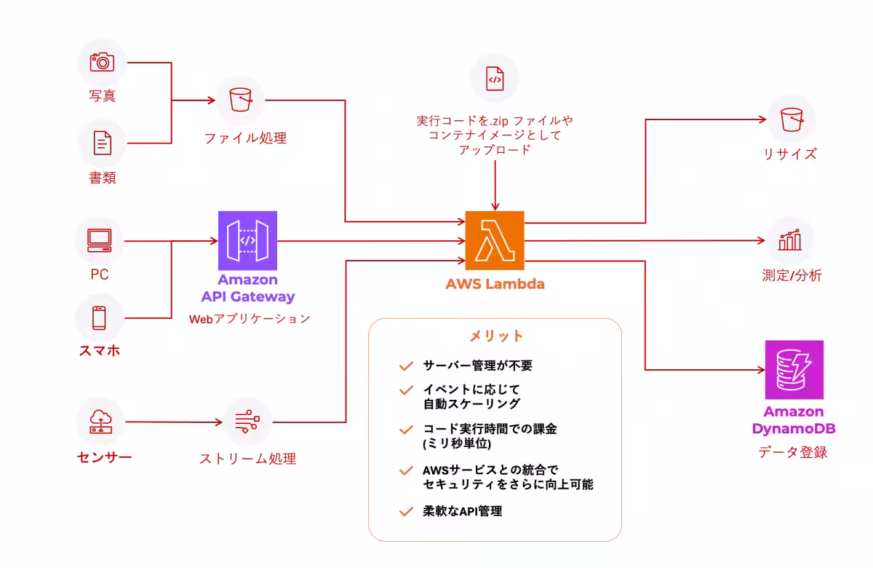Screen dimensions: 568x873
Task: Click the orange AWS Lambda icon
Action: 495,241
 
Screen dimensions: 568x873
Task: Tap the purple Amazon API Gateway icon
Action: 247,241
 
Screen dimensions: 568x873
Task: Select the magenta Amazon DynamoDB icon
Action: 794,369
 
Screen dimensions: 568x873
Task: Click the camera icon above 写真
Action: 102,62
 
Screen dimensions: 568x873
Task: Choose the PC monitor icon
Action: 99,240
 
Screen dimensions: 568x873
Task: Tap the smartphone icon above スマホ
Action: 99,317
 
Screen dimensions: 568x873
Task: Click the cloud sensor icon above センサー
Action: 100,422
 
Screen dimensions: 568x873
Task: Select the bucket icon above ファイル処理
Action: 240,100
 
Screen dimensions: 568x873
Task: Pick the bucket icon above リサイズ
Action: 791,119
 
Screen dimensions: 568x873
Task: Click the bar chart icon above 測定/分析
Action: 790,240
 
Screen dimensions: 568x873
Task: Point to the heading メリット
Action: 495,336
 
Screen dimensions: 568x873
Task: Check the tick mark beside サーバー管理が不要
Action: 406,366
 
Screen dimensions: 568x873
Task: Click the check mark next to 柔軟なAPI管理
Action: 406,511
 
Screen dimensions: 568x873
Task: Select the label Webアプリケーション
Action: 250,318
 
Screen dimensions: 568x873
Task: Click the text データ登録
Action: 793,452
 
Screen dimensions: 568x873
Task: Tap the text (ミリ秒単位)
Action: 457,443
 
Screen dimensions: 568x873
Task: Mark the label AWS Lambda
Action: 495,283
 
